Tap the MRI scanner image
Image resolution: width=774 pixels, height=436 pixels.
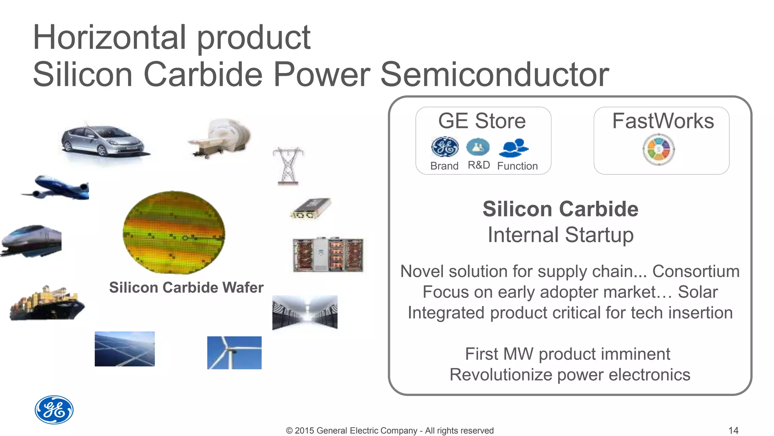click(x=221, y=138)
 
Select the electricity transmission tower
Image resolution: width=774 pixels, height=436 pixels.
click(x=288, y=166)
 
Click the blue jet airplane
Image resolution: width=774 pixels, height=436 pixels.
click(x=57, y=188)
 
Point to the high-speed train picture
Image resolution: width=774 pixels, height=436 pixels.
click(x=32, y=241)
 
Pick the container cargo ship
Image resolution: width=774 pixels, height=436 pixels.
click(x=47, y=303)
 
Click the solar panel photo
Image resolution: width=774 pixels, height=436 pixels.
click(x=125, y=349)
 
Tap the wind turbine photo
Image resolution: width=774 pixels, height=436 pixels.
click(x=234, y=353)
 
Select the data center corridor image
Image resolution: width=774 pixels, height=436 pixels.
click(x=305, y=312)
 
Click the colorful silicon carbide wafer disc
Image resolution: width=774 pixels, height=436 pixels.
click(x=174, y=232)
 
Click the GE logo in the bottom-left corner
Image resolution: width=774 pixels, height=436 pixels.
click(x=54, y=410)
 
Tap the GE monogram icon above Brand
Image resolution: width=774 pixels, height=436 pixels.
click(x=445, y=147)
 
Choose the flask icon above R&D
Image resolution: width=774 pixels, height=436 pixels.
click(x=478, y=147)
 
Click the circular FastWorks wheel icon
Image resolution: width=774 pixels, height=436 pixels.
click(x=659, y=150)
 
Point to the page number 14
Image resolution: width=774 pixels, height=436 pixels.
click(x=733, y=430)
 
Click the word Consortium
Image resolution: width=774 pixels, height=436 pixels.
click(x=696, y=271)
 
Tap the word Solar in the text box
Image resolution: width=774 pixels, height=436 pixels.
click(x=698, y=292)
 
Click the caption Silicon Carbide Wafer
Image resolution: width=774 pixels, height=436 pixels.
click(x=186, y=288)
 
